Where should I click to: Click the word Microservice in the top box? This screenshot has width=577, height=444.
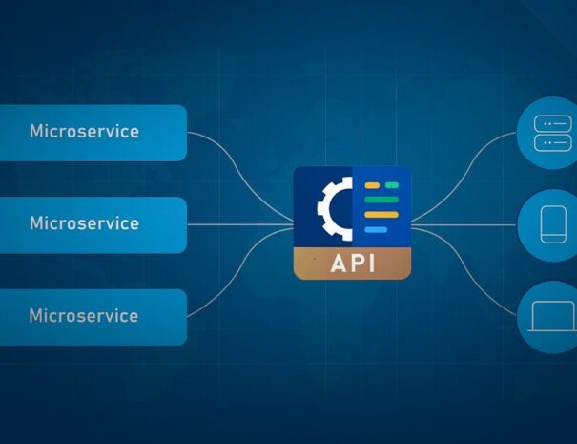(x=84, y=131)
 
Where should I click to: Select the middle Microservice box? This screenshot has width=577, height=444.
(x=93, y=223)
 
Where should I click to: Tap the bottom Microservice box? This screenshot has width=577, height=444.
(x=93, y=316)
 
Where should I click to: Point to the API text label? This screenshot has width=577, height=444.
(x=352, y=264)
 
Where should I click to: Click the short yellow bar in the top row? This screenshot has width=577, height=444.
(x=372, y=183)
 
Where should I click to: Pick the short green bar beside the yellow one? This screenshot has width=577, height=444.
(x=391, y=183)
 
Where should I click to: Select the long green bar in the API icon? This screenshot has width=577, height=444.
(x=381, y=199)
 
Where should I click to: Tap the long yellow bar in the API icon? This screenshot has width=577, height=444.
(x=381, y=215)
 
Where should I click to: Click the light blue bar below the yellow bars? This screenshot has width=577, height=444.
(x=376, y=230)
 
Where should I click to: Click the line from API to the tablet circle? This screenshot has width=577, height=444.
(x=467, y=224)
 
